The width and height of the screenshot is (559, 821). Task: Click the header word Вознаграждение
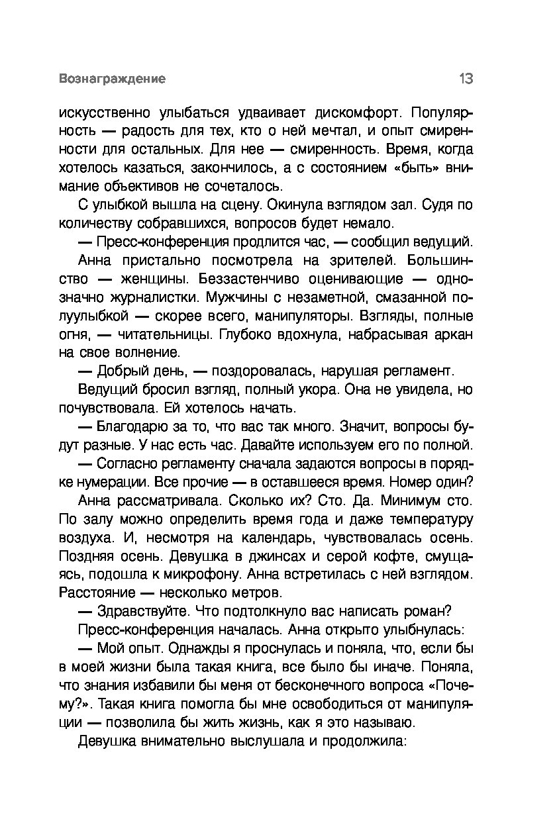click(x=112, y=79)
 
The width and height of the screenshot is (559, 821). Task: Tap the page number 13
click(x=465, y=79)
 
